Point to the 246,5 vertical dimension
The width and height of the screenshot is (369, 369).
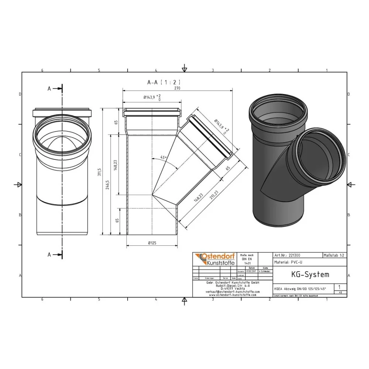(107, 184)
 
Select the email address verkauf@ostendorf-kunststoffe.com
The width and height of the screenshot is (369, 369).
(232, 292)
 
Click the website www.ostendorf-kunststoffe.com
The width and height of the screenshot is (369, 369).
(232, 295)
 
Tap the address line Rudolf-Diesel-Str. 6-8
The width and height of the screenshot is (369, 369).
(232, 285)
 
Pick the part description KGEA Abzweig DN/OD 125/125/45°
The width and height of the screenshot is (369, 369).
(299, 289)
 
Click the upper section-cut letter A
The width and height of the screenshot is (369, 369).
(49, 89)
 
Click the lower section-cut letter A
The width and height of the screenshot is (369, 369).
(49, 254)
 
